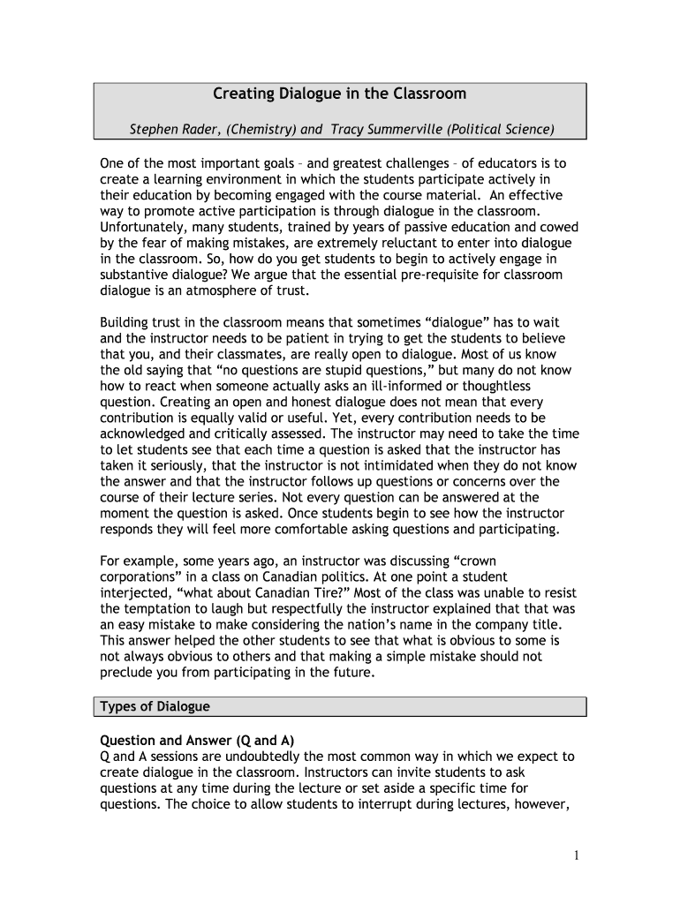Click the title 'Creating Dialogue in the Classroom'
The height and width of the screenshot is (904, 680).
coord(340,93)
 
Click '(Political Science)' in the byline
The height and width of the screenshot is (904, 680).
coord(501,130)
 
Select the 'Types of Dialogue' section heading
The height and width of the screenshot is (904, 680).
coord(155,706)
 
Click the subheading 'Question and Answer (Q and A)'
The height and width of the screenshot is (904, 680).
coord(197,740)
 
